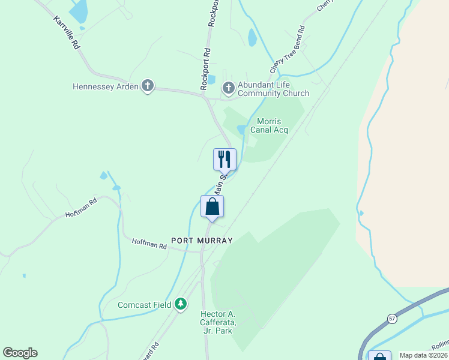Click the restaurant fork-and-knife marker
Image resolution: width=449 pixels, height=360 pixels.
(x=224, y=159)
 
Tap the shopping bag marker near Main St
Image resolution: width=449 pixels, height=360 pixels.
(x=212, y=206)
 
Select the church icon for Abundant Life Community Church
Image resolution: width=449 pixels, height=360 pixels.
(x=228, y=88)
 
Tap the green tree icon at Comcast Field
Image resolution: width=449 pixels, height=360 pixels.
(x=181, y=305)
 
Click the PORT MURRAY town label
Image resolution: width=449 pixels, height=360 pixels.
(x=202, y=240)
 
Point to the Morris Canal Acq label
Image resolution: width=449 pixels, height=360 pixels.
(x=269, y=125)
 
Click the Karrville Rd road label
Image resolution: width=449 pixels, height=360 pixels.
(x=66, y=32)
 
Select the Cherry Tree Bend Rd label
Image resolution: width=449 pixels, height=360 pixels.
(x=287, y=50)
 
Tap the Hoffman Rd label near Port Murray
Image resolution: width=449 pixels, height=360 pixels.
(x=149, y=245)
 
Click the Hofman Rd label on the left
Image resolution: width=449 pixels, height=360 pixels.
(x=81, y=208)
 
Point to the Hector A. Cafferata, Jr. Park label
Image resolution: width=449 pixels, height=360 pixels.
(x=217, y=323)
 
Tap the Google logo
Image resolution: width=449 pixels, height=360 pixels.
(x=20, y=353)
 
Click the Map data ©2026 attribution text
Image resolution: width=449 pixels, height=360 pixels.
(x=423, y=355)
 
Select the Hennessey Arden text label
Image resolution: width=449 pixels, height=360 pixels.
(x=106, y=86)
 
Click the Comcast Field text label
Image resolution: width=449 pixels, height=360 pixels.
(x=145, y=305)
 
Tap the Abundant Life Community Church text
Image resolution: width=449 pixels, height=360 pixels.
(x=273, y=89)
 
